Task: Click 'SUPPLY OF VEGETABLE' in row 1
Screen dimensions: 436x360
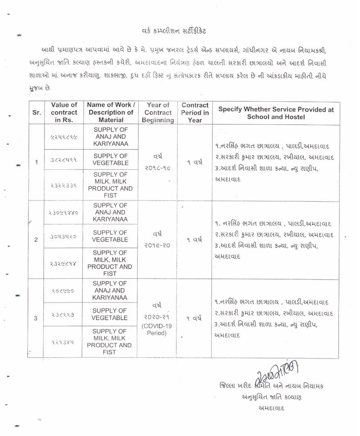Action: pyautogui.click(x=111, y=159)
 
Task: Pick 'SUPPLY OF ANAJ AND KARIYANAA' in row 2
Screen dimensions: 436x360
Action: pyautogui.click(x=111, y=212)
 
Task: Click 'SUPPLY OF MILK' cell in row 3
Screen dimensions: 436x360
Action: pyautogui.click(x=111, y=342)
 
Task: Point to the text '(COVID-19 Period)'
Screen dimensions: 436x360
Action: pyautogui.click(x=157, y=330)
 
